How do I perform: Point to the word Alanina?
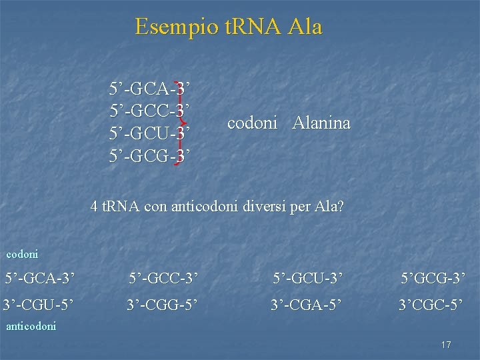click(321, 123)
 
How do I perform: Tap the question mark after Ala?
click(341, 207)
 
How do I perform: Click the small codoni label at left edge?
click(22, 254)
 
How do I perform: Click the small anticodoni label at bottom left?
click(31, 326)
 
